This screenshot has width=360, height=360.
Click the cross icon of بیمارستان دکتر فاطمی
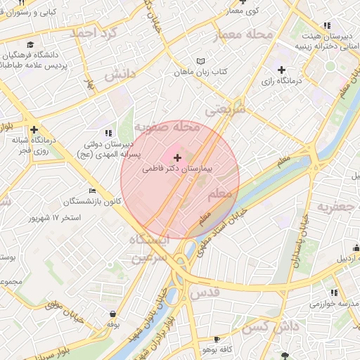(x=176, y=158)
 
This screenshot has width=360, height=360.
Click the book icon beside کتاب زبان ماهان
(x=202, y=61)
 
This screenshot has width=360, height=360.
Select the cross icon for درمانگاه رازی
(x=281, y=70)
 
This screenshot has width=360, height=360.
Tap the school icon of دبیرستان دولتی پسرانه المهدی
(x=108, y=132)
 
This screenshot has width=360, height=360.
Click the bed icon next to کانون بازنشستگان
(x=92, y=191)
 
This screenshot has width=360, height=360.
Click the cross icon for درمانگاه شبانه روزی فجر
(x=34, y=129)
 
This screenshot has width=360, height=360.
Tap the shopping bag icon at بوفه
(x=112, y=314)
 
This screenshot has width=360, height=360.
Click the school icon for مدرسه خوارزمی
(x=333, y=292)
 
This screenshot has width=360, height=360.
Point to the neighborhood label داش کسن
(x=267, y=326)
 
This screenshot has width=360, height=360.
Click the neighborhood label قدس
(x=204, y=292)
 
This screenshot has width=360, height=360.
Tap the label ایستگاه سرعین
(x=146, y=249)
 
